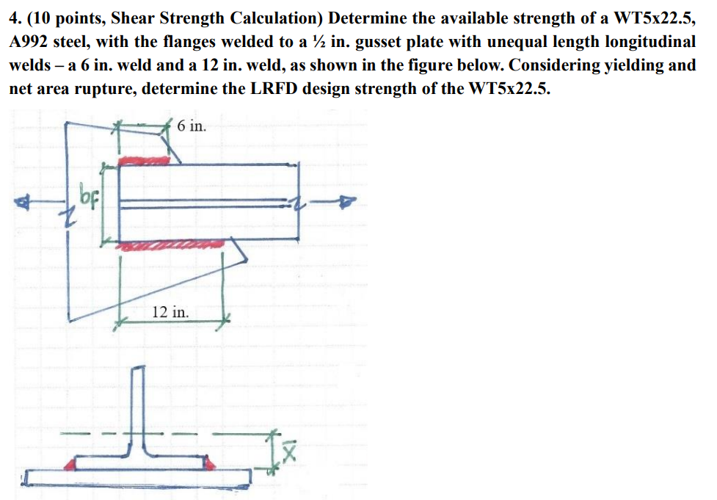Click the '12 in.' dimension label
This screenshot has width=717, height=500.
170,311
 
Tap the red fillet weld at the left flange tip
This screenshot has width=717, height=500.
73,463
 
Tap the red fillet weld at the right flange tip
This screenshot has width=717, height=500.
210,463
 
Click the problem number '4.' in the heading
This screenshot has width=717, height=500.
15,16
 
